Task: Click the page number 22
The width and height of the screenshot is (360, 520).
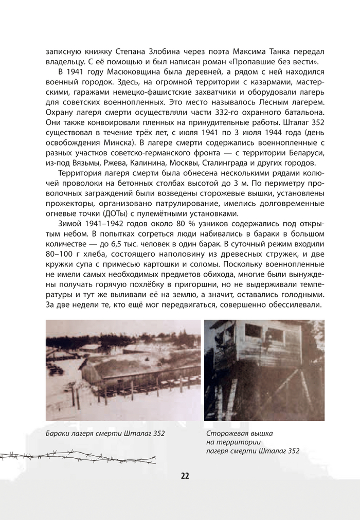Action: click(185, 476)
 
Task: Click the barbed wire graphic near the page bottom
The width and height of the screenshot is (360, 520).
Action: click(77, 456)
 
